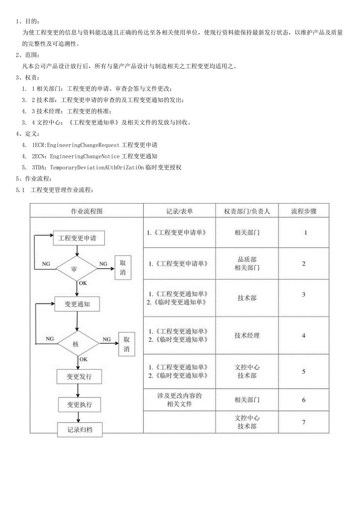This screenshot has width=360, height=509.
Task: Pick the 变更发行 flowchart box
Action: (x=79, y=377)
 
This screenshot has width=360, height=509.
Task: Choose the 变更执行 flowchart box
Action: (x=79, y=404)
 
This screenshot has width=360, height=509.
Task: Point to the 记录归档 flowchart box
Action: (x=80, y=430)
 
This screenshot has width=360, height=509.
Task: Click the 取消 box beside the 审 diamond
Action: (x=123, y=268)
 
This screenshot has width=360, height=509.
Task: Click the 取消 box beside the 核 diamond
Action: (x=126, y=344)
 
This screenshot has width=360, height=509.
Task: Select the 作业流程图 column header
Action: (x=86, y=211)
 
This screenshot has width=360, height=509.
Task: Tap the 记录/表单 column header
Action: (x=179, y=211)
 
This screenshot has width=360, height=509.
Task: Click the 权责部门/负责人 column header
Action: (x=247, y=211)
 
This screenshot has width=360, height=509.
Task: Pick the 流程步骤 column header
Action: (x=304, y=211)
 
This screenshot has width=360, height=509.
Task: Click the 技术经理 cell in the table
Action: (x=247, y=335)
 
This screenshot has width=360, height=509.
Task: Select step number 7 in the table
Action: (x=304, y=422)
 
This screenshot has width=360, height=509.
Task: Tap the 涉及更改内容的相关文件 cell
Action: (x=179, y=399)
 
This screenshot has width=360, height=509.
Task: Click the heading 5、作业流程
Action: (x=33, y=179)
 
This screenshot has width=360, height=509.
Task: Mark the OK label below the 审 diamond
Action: (x=83, y=283)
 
